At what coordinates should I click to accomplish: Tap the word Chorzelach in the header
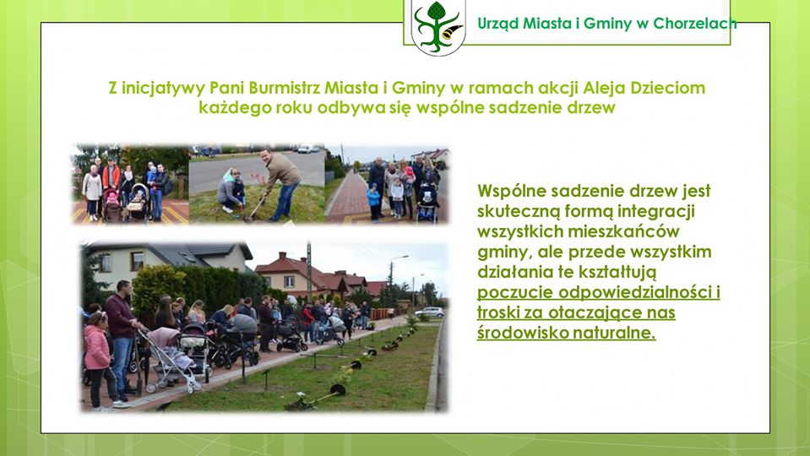tap(695, 24)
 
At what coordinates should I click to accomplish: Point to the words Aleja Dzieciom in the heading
tap(644, 88)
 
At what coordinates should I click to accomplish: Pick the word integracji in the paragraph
tap(655, 211)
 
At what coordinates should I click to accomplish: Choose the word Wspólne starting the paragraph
tap(512, 191)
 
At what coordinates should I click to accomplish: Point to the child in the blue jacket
tap(373, 202)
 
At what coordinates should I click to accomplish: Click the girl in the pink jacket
tap(99, 360)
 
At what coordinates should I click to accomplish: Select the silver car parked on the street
tap(429, 312)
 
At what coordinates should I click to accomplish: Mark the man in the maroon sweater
tap(122, 339)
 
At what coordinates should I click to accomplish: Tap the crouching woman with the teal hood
tap(231, 190)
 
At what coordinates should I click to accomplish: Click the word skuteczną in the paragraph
tap(519, 211)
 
